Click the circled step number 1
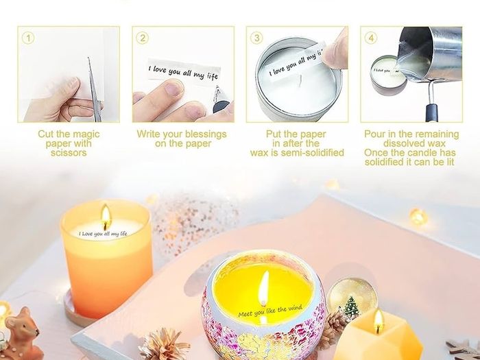pos(28,38)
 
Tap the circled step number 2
pos(143,38)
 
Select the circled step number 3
pos(256,38)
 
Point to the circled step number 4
pos(371,38)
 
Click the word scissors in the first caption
pos(69,153)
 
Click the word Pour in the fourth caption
pos(374,134)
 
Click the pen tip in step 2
pos(217,90)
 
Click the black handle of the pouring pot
pos(431,112)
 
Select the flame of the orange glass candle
pos(106,213)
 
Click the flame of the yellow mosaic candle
pos(263,288)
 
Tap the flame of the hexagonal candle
pos(379,322)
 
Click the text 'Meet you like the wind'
pos(270,311)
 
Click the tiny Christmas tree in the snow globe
pos(351,307)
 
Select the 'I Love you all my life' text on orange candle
pos(103,234)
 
